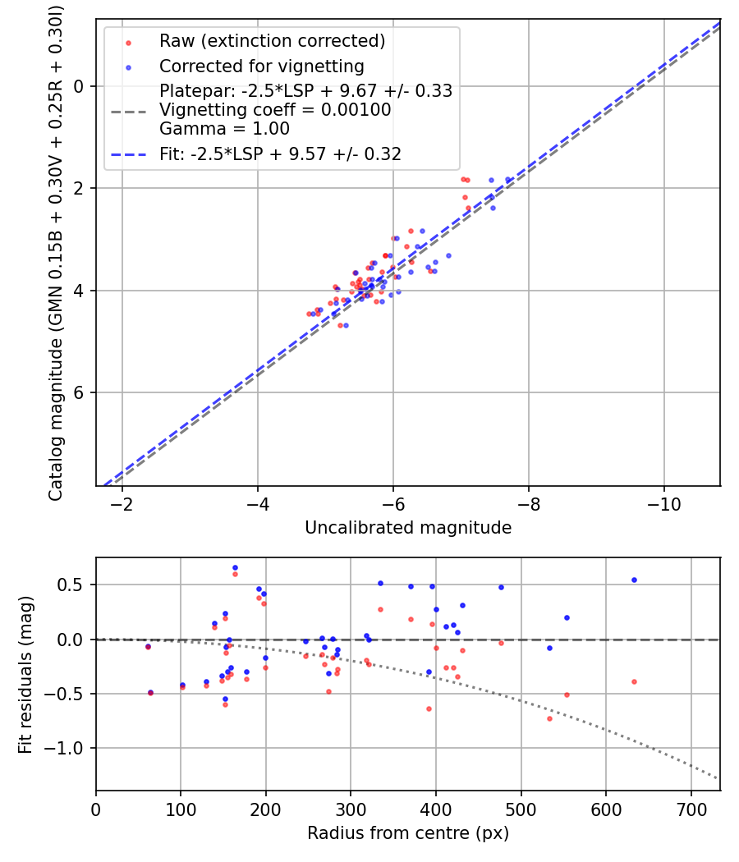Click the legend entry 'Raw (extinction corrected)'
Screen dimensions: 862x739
[x=272, y=41]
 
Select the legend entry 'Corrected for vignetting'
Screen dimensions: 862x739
[x=261, y=66]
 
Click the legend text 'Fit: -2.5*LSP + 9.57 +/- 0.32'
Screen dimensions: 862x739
[x=280, y=154]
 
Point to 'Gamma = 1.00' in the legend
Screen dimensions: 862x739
[x=224, y=128]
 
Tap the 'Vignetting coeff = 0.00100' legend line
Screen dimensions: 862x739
[x=275, y=109]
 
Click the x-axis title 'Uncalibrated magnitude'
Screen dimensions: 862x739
[x=408, y=528]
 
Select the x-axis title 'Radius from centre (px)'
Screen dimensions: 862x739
[x=408, y=833]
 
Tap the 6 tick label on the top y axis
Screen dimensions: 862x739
[x=79, y=392]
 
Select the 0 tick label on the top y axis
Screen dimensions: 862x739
[x=79, y=86]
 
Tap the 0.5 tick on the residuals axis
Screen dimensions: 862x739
[x=76, y=585]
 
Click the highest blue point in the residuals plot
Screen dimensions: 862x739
[x=235, y=567]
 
